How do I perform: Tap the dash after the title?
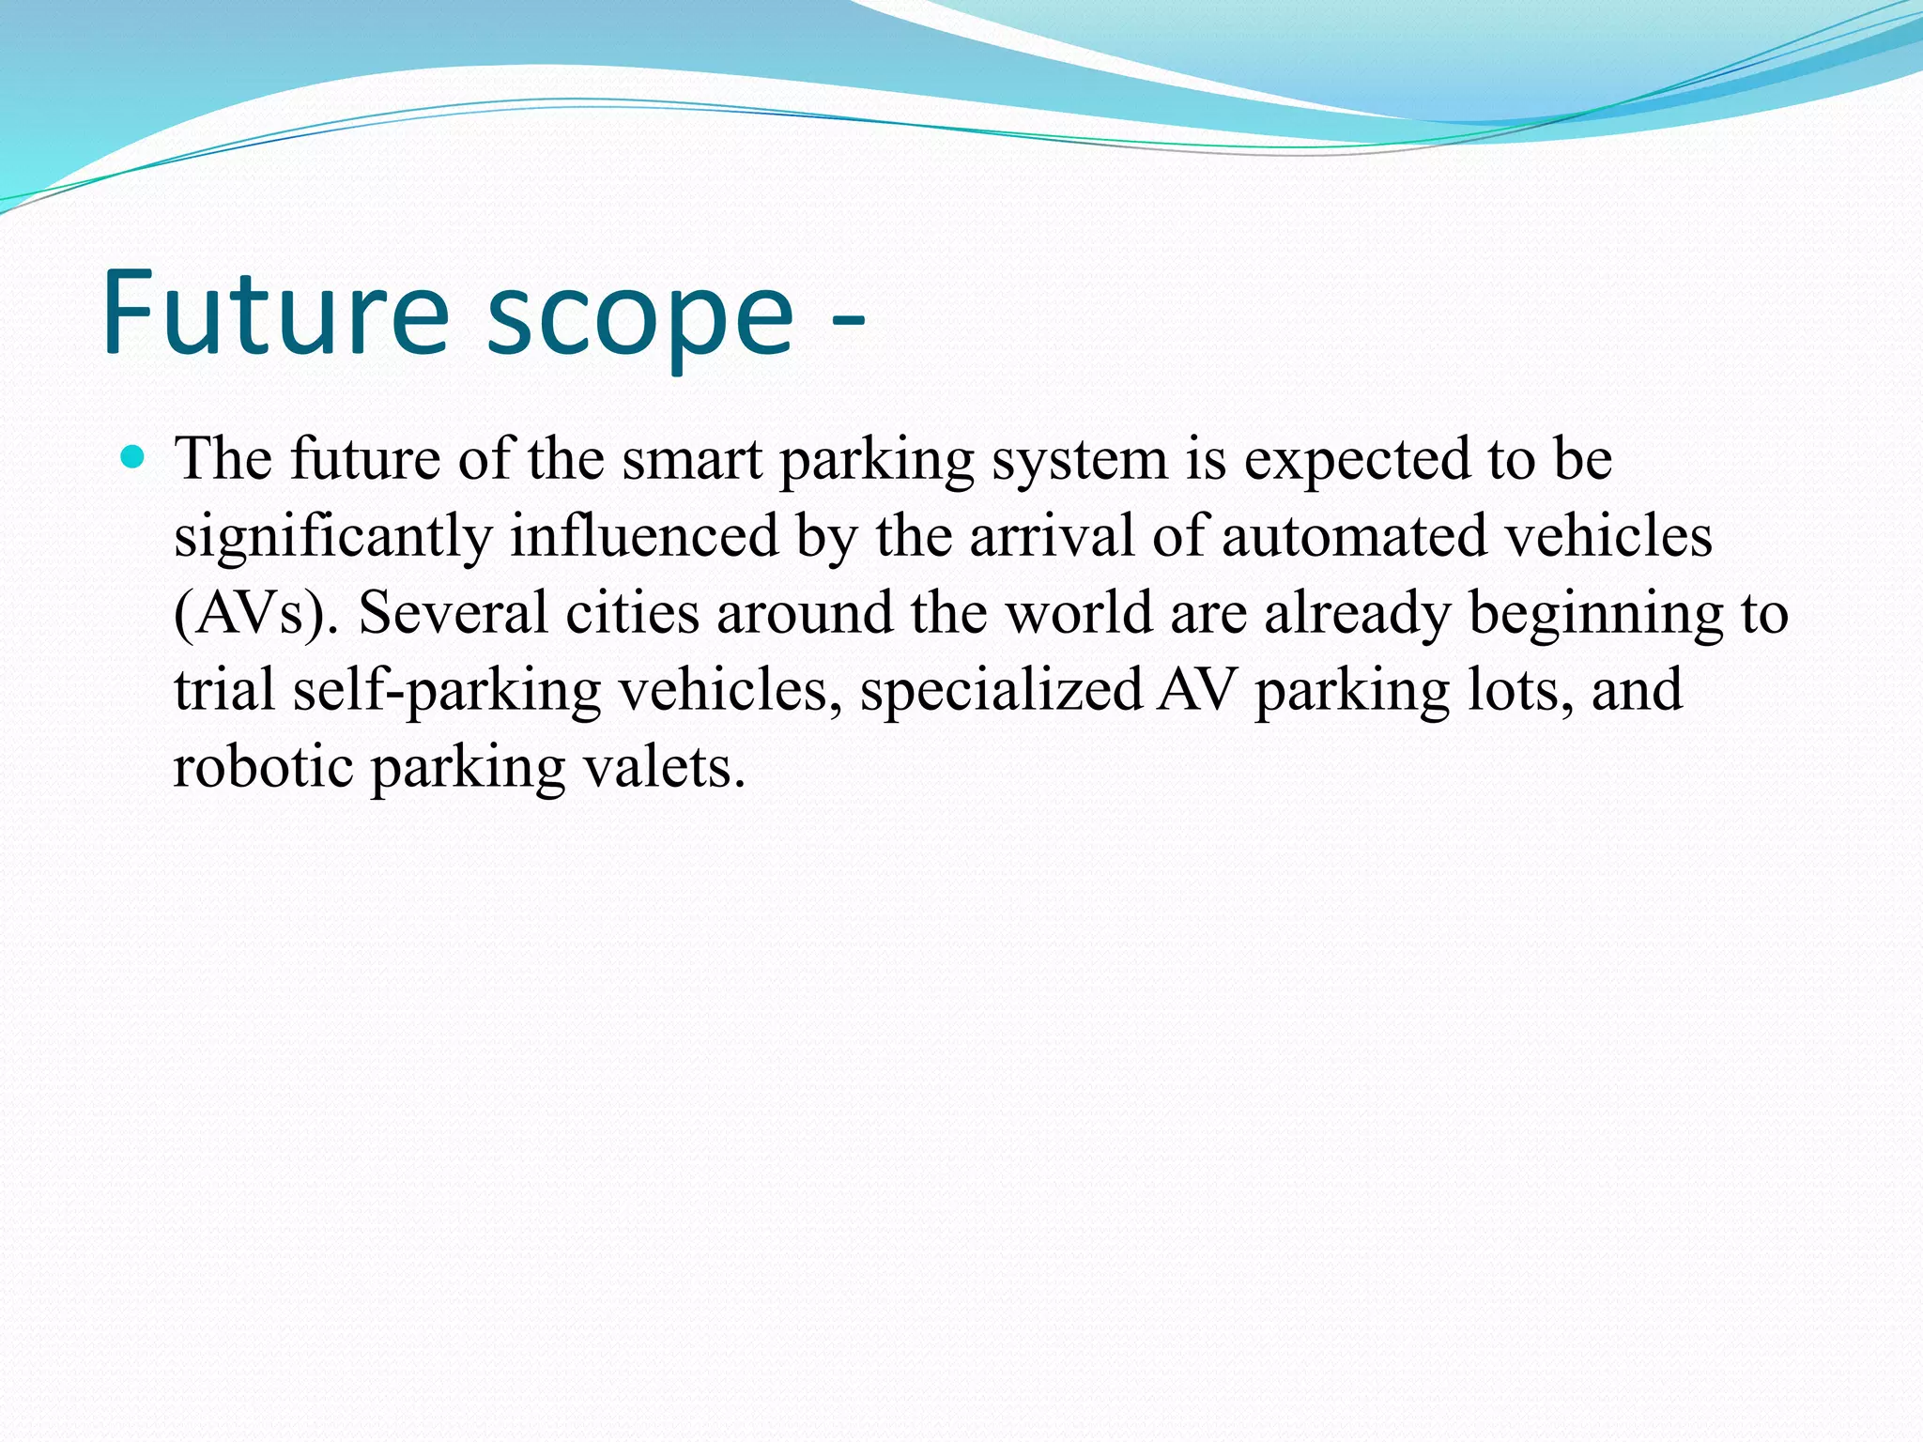pos(848,324)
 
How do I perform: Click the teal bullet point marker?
pos(133,458)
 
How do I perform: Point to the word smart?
pos(692,460)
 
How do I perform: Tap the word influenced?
pos(644,536)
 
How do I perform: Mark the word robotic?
pos(264,767)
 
